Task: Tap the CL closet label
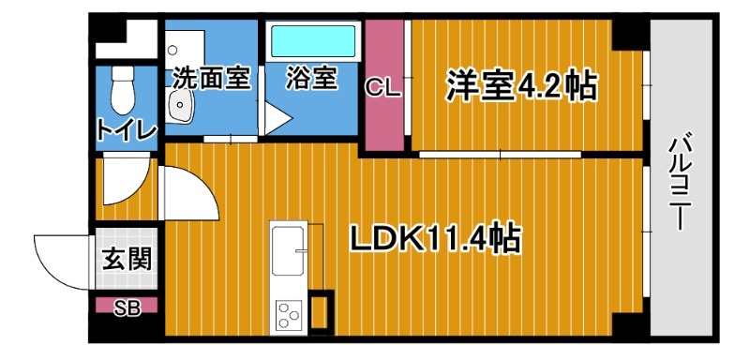coord(383,90)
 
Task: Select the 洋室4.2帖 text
coord(519,86)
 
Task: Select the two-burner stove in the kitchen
coord(286,313)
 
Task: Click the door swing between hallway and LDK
coord(187,192)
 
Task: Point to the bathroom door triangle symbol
coord(276,118)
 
